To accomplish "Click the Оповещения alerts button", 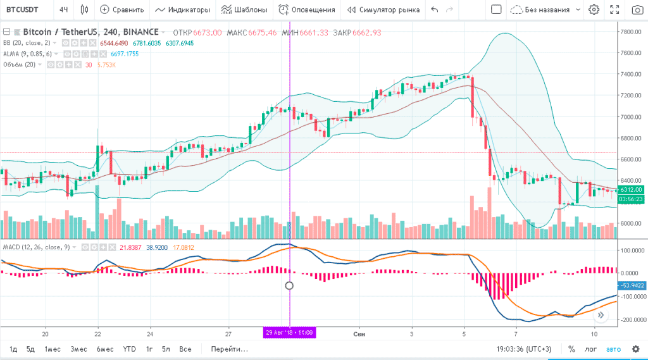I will (x=307, y=9).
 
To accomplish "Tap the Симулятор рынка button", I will (x=383, y=9).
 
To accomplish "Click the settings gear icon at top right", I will (x=593, y=9).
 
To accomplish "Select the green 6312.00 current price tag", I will (x=630, y=190).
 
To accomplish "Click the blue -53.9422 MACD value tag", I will (x=631, y=285).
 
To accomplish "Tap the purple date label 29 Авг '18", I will (x=289, y=332).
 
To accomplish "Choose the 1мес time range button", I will (x=52, y=349).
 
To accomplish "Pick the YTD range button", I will (x=129, y=349).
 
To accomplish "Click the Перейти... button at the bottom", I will (x=229, y=349).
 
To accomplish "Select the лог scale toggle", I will (x=590, y=349).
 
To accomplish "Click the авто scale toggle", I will (x=613, y=349).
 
